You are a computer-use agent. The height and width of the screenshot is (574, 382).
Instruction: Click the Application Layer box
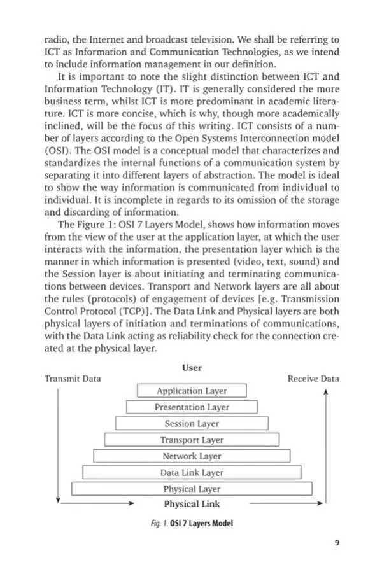click(x=192, y=391)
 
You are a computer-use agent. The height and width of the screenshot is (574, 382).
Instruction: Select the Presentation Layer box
click(x=192, y=407)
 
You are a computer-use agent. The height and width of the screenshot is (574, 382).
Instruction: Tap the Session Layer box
click(x=192, y=423)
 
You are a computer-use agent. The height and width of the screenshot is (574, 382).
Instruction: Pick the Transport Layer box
click(x=192, y=440)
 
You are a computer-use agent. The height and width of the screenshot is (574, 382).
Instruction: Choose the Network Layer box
click(x=192, y=456)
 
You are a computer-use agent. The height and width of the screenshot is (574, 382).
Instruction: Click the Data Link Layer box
click(x=192, y=473)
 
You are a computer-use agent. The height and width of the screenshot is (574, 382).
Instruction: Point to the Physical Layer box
click(x=192, y=489)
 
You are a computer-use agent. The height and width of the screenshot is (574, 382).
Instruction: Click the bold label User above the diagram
click(x=192, y=367)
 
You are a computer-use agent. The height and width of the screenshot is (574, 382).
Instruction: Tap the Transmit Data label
click(x=72, y=379)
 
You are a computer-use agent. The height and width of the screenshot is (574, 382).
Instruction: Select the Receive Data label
click(x=313, y=379)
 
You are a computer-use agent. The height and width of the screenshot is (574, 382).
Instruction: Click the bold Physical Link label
click(x=192, y=504)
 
